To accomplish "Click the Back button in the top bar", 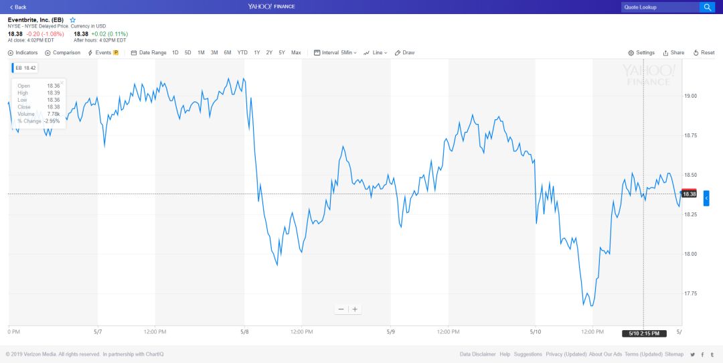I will pos(18,7).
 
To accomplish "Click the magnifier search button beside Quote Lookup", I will pos(707,7).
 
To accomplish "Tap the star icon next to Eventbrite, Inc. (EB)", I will pos(72,20).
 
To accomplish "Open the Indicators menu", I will pos(23,52).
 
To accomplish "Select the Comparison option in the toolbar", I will pos(62,52).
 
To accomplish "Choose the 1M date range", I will pos(201,52).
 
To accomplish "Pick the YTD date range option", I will pos(242,52).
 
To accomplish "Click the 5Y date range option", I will pos(282,52).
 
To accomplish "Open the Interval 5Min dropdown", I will pos(335,52).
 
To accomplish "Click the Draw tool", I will pos(404,52).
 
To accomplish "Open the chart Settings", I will pos(641,52).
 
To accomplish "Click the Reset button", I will pos(704,52).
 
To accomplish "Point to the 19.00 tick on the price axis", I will pos(690,96).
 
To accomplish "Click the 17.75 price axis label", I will pos(690,293).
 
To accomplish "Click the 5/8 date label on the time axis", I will pos(244,332).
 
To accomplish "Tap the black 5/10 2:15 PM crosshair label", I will pos(643,334).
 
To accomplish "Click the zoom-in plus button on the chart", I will pos(355,309).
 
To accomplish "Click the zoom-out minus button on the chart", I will pos(341,309).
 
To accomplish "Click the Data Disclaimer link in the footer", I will pos(478,354).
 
